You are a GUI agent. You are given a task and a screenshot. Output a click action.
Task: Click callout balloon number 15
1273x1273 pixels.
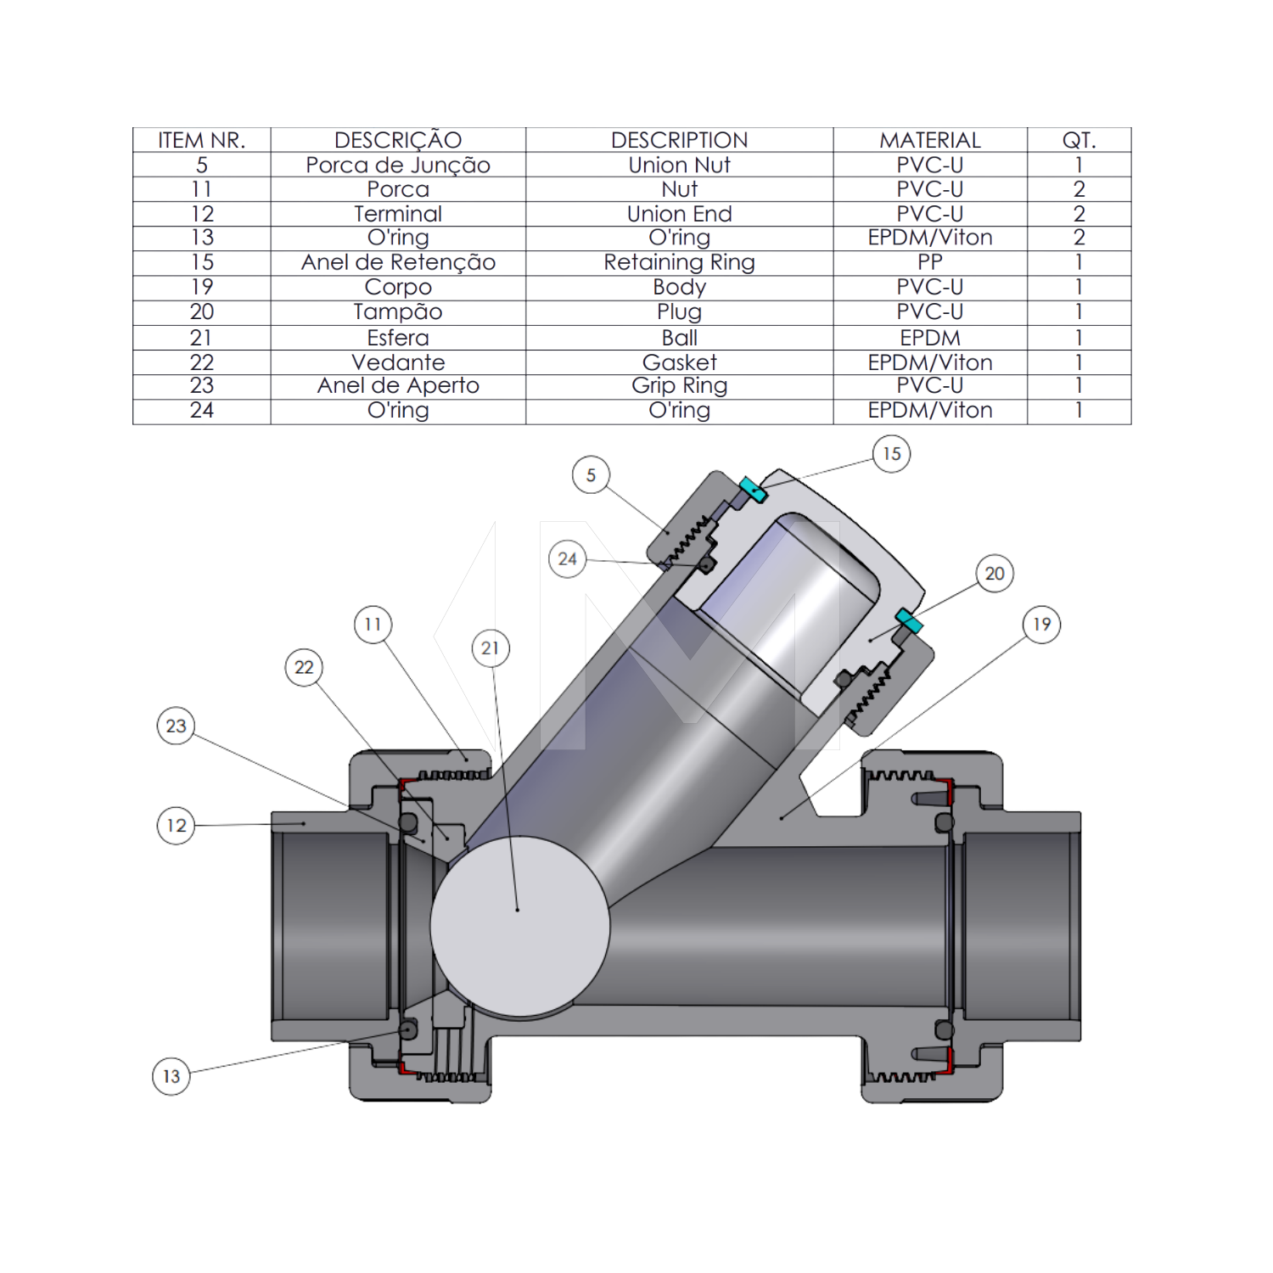pyautogui.click(x=892, y=454)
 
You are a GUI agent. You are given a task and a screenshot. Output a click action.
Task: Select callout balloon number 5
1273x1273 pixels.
pyautogui.click(x=591, y=475)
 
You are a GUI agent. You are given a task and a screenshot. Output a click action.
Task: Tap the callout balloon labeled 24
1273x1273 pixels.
pyautogui.click(x=567, y=559)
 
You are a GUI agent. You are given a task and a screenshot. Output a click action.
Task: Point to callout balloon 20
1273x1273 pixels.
pyautogui.click(x=995, y=574)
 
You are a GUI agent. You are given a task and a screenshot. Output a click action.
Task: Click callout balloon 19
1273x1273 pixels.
pyautogui.click(x=1041, y=625)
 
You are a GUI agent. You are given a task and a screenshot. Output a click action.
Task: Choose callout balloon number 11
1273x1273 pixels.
pyautogui.click(x=373, y=625)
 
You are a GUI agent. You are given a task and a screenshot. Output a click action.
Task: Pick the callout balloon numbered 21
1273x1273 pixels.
pyautogui.click(x=490, y=648)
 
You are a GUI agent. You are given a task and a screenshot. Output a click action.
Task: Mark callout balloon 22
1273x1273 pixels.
pyautogui.click(x=304, y=668)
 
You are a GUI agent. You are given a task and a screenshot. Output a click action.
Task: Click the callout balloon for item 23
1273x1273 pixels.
pyautogui.click(x=176, y=726)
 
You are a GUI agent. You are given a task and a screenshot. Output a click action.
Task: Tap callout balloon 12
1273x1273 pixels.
pyautogui.click(x=176, y=826)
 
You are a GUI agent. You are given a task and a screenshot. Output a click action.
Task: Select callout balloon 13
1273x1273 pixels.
pyautogui.click(x=171, y=1077)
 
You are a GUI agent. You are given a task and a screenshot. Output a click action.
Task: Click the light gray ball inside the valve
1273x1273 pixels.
pyautogui.click(x=520, y=927)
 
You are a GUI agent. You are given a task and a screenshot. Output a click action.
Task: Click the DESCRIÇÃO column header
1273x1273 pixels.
pyautogui.click(x=398, y=140)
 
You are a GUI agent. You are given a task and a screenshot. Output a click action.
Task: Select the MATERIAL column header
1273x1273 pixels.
pyautogui.click(x=930, y=140)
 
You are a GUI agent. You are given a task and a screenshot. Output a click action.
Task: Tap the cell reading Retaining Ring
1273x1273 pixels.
pyautogui.click(x=679, y=262)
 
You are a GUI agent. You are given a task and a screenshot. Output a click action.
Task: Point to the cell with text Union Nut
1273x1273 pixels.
pyautogui.click(x=679, y=165)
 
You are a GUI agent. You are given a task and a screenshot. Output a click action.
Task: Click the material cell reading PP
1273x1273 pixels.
pyautogui.click(x=930, y=262)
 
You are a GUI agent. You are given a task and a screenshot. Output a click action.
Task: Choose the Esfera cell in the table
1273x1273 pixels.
pyautogui.click(x=398, y=338)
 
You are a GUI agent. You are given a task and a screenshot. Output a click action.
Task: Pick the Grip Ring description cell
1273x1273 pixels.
pyautogui.click(x=679, y=386)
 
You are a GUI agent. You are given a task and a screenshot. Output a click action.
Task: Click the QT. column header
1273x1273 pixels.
pyautogui.click(x=1079, y=140)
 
